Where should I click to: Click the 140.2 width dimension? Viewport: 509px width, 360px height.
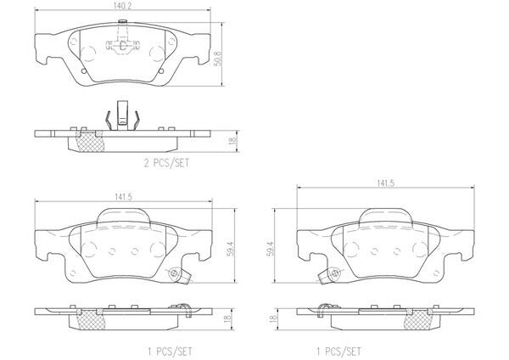pos(122,6)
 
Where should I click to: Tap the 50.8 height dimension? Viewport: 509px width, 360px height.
pos(218,58)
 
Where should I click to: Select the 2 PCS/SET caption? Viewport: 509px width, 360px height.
pos(166,163)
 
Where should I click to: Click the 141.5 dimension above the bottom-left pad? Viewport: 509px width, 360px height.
pos(123,197)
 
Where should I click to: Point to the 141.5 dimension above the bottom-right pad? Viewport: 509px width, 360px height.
pos(385,183)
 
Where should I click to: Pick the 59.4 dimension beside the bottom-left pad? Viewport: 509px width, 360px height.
pos(231,249)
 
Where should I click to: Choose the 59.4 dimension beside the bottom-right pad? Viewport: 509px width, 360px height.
pos(270,249)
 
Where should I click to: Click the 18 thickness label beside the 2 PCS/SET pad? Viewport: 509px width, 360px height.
pos(232,141)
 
